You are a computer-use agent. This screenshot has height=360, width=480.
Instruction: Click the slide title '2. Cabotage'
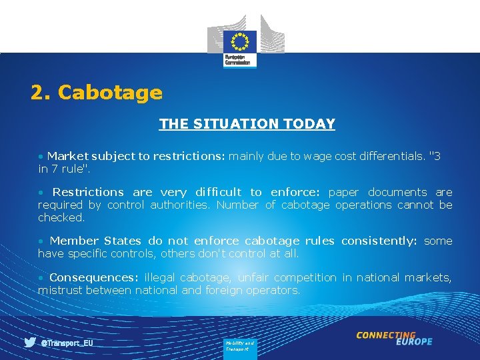pyautogui.click(x=97, y=93)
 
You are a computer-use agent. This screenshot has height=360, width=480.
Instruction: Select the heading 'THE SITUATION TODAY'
pyautogui.click(x=247, y=124)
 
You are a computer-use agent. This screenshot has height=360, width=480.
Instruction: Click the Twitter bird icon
pyautogui.click(x=30, y=343)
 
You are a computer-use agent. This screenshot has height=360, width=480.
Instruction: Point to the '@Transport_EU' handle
pyautogui.click(x=67, y=343)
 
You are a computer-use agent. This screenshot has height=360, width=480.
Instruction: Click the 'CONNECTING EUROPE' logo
pyautogui.click(x=394, y=338)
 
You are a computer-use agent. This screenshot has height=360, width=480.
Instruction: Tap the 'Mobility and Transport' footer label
pyautogui.click(x=239, y=345)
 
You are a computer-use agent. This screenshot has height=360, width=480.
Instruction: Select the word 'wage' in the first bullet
pyautogui.click(x=317, y=157)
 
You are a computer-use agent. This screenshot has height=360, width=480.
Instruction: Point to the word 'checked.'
pyautogui.click(x=61, y=217)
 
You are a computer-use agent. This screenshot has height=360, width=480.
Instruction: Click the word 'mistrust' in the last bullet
pyautogui.click(x=61, y=290)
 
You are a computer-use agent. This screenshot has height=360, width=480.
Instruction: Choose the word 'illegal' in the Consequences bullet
pyautogui.click(x=160, y=277)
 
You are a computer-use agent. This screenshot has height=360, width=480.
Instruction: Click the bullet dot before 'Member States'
pyautogui.click(x=41, y=241)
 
